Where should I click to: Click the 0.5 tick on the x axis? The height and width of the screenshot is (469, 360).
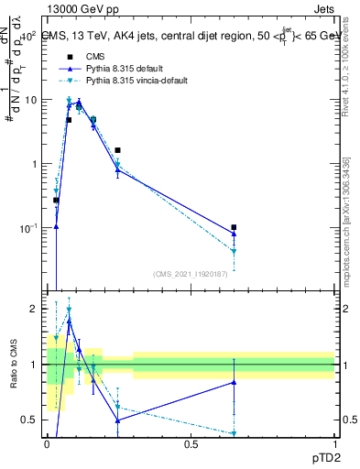191,443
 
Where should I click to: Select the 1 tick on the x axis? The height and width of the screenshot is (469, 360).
334,443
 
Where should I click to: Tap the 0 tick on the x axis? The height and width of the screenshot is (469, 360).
48,443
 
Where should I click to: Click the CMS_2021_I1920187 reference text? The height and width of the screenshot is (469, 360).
190,275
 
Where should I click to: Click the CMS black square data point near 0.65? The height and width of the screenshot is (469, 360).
235,227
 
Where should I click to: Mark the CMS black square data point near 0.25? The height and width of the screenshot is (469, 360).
118,149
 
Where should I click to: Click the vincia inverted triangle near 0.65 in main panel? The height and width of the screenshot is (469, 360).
235,251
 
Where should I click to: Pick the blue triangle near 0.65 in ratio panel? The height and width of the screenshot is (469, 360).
235,382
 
